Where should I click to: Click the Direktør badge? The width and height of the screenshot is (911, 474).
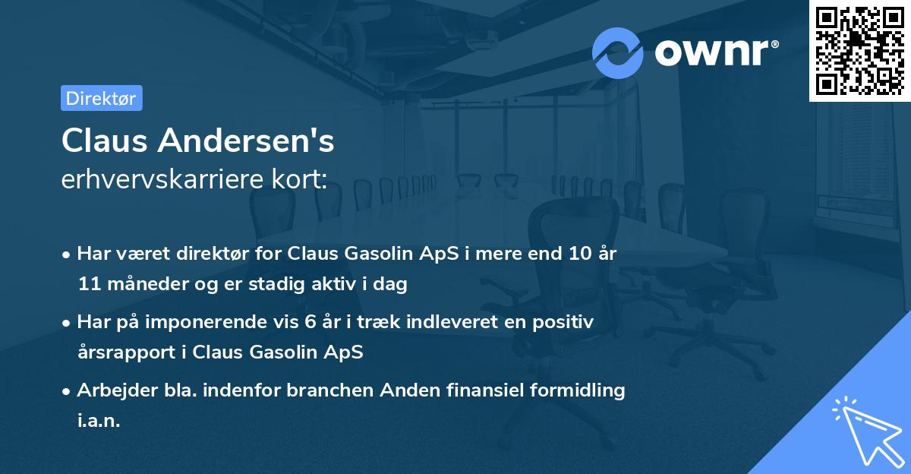(x=101, y=98)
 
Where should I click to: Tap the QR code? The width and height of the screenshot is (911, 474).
(x=859, y=51)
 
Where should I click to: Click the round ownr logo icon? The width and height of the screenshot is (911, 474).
(x=618, y=52)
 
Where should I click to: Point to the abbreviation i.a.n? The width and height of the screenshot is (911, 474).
(x=99, y=421)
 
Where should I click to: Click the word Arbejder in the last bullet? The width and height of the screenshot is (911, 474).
(x=111, y=390)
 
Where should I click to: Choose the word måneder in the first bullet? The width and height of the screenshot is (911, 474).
(x=143, y=284)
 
